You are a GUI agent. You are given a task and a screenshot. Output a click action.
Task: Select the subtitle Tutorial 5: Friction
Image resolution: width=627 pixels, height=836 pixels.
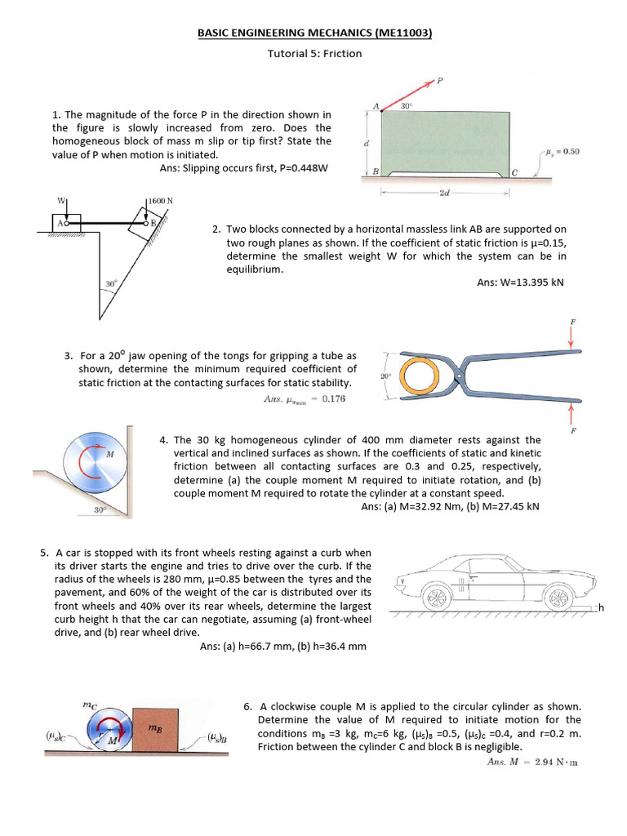[x=314, y=54]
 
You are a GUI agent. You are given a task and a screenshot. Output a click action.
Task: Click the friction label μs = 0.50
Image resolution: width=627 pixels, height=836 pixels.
[x=563, y=152]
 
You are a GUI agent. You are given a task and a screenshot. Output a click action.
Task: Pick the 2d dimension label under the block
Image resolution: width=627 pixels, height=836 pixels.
[x=444, y=193]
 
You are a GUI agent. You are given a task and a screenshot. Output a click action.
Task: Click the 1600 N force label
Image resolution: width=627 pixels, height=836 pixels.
[x=161, y=201]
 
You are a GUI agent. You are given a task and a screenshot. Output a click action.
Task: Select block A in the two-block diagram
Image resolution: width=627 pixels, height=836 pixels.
[x=64, y=221]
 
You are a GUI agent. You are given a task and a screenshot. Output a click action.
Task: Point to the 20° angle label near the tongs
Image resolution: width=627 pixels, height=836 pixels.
[x=386, y=376]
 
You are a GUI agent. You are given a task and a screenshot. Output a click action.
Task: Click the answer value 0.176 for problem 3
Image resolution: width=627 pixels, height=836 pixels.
[x=334, y=399]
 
